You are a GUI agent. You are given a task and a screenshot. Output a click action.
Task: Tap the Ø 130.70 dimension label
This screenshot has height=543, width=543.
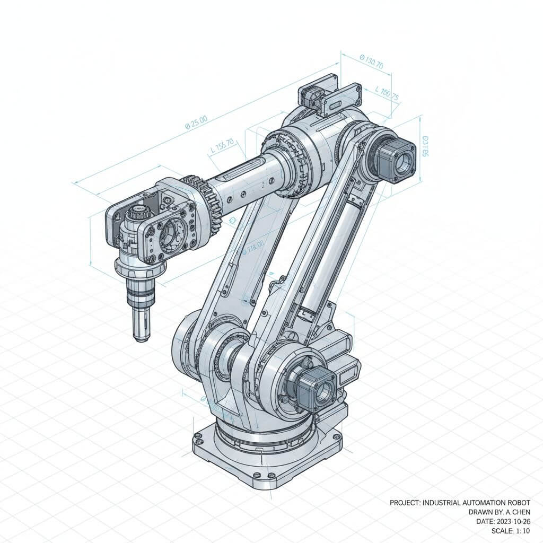point(371,62)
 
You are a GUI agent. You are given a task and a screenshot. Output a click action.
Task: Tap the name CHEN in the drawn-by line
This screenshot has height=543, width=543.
point(520,512)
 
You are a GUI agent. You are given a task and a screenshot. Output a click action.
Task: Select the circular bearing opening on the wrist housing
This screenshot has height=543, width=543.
point(171,230)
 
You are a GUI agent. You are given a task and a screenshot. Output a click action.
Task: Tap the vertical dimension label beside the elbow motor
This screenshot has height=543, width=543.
point(425,146)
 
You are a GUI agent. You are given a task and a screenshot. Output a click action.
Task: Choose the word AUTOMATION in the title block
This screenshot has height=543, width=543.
point(480,503)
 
